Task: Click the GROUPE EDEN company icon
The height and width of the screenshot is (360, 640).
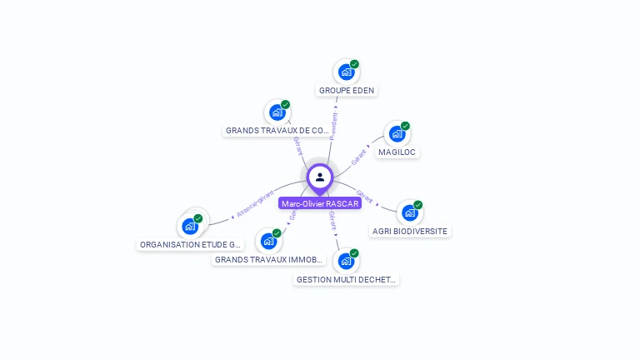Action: [346, 72]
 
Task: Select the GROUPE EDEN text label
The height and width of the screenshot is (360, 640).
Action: [347, 90]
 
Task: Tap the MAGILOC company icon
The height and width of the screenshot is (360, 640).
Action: [397, 134]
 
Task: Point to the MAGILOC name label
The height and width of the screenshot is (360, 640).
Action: [397, 152]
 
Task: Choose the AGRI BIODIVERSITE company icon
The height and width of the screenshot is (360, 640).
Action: [409, 213]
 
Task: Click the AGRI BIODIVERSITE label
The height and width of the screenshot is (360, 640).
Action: [410, 231]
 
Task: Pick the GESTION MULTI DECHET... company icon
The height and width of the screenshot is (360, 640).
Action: [346, 262]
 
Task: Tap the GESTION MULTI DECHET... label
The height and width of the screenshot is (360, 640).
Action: [346, 280]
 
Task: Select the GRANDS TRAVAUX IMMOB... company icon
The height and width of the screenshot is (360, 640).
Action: [268, 242]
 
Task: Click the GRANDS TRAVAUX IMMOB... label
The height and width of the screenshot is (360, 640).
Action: [267, 260]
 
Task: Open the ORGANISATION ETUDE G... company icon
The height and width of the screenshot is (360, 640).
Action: [190, 226]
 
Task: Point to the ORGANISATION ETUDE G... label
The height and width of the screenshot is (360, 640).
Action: [191, 245]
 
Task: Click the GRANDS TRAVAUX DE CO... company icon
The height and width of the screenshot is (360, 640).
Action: [277, 112]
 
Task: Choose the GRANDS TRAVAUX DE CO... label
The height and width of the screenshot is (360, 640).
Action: [277, 131]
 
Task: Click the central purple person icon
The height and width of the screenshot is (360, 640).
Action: [320, 177]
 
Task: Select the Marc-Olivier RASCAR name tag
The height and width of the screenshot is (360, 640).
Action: [320, 203]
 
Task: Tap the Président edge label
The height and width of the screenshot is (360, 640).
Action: [333, 122]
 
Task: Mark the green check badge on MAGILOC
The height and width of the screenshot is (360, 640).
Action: [405, 126]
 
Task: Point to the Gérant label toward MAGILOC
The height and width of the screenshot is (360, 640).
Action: [359, 155]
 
